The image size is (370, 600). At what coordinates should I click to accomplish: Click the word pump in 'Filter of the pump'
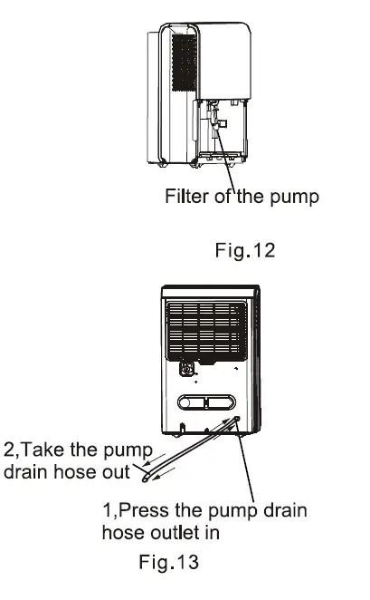point(295,197)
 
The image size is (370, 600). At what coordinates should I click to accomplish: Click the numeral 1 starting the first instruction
point(105,511)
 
